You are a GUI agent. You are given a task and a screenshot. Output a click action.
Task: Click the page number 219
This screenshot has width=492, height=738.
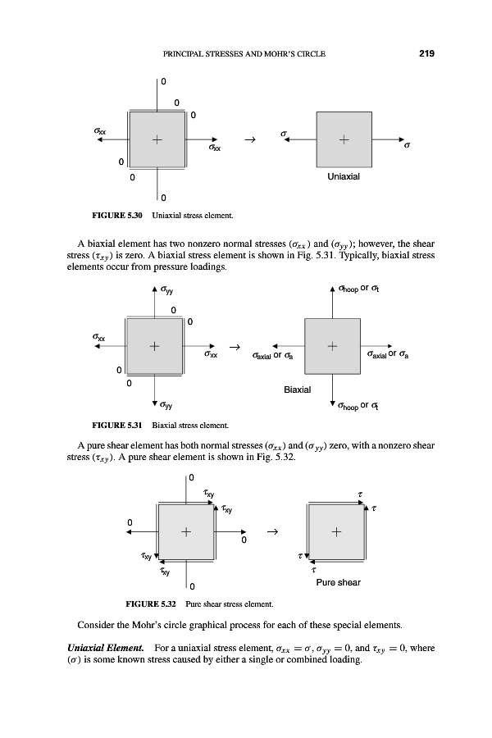(425, 54)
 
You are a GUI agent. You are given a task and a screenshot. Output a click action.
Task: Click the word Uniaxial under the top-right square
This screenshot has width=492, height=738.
(344, 176)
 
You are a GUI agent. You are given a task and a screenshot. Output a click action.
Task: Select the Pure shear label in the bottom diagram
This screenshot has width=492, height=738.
(338, 583)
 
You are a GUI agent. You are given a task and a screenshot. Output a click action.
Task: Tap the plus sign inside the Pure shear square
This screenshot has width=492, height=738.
(337, 531)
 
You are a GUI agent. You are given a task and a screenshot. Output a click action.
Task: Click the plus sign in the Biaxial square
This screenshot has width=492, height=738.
(333, 347)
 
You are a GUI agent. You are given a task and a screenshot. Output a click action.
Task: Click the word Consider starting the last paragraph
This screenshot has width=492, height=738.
(98, 645)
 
